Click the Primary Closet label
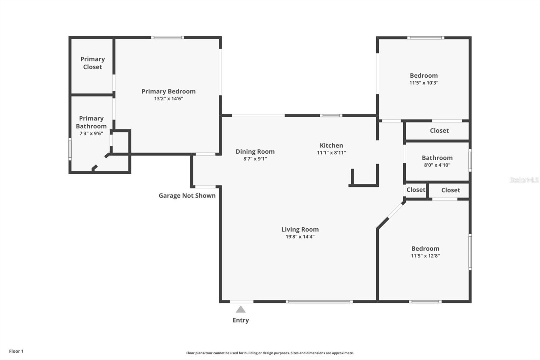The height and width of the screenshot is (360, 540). [x=92, y=63]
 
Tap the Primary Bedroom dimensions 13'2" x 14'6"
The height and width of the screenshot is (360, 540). [x=168, y=99]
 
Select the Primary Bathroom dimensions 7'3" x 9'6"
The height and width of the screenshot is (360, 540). [x=91, y=133]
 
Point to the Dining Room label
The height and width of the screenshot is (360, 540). [x=255, y=152]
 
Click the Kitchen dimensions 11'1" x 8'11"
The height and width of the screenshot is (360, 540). [x=331, y=153]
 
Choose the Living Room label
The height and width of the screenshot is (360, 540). [x=300, y=229]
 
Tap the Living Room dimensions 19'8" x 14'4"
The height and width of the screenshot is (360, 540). [x=300, y=236]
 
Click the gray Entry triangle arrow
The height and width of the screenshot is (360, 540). [x=241, y=309]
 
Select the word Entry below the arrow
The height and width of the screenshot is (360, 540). [x=241, y=320]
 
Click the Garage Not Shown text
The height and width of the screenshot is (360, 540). [x=187, y=196]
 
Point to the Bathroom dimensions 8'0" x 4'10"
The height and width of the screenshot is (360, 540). [x=437, y=165]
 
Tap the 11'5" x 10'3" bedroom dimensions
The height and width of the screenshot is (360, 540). [x=424, y=83]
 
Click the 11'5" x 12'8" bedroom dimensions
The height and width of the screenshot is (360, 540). [x=425, y=256]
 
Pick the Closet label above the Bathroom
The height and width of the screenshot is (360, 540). [x=439, y=131]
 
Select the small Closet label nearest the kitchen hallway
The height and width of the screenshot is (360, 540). [x=416, y=190]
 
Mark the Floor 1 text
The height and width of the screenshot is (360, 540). [x=17, y=351]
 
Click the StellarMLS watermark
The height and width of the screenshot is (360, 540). [x=524, y=180]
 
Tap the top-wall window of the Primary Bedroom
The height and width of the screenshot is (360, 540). [x=167, y=37]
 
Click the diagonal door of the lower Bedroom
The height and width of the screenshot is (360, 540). [x=395, y=210]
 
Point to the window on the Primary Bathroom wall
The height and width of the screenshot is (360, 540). [x=70, y=149]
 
